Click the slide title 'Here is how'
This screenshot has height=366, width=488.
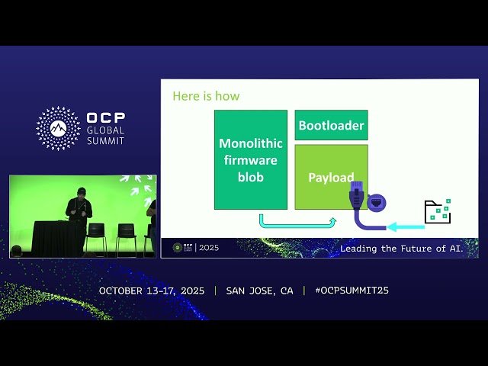[206, 96]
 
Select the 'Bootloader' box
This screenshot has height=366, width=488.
[331, 125]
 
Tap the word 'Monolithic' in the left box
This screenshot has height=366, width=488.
[250, 143]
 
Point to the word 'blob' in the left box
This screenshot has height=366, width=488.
[250, 177]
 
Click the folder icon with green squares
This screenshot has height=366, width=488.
[438, 211]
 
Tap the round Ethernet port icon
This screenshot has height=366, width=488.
[377, 203]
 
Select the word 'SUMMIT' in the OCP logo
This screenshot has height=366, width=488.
[105, 141]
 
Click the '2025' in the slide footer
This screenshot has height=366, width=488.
[208, 248]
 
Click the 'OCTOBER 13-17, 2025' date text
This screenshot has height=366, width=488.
[152, 291]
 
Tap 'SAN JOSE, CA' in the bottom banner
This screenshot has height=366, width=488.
[259, 291]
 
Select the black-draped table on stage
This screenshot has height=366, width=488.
[57, 238]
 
